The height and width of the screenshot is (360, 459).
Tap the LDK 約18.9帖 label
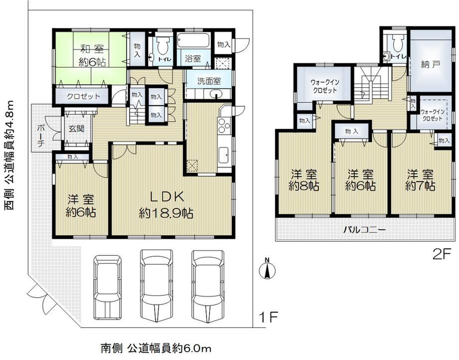coord(166,205)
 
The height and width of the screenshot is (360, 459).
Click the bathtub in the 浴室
coord(193,40)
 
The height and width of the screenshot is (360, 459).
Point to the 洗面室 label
coord(209,81)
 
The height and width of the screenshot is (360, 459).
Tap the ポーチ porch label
coord(41,136)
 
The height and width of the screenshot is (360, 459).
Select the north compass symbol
coord(267,269)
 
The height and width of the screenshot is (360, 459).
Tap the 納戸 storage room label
coord(430,65)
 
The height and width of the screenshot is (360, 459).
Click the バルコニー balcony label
coord(364,230)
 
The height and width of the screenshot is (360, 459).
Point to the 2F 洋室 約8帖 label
coord(303,180)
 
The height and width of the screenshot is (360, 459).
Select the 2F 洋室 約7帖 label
coord(420,180)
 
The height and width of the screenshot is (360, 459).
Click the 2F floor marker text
coord(441,255)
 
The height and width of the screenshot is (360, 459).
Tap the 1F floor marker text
coord(268,317)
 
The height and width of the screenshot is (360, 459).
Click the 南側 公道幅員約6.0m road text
coord(156,348)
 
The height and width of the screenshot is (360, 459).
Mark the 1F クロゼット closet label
coord(83,96)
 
